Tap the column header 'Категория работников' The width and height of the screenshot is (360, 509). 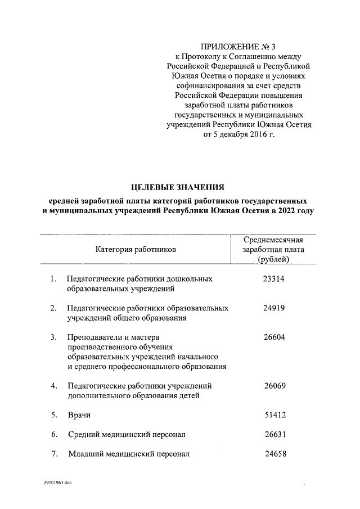coord(136,249)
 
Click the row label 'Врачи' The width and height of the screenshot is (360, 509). coord(79,416)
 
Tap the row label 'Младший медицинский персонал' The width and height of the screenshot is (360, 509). coord(129,454)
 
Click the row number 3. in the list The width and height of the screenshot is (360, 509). coord(53,337)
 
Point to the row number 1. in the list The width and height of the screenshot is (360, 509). coord(53,279)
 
